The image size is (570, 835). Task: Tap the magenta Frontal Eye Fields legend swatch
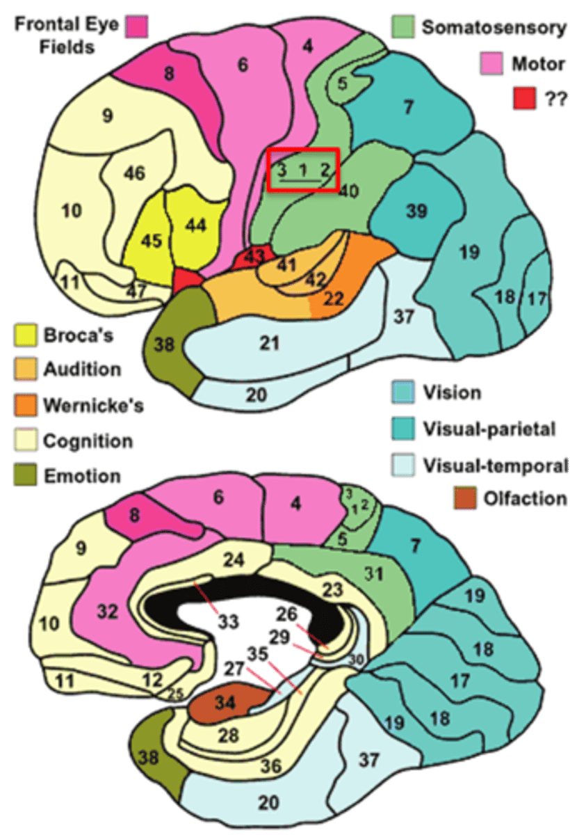click(137, 28)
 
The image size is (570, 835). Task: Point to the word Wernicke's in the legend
click(93, 405)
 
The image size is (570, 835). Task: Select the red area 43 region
click(254, 257)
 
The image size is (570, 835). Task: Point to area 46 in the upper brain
click(135, 172)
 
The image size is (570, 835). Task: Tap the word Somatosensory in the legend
click(494, 28)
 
